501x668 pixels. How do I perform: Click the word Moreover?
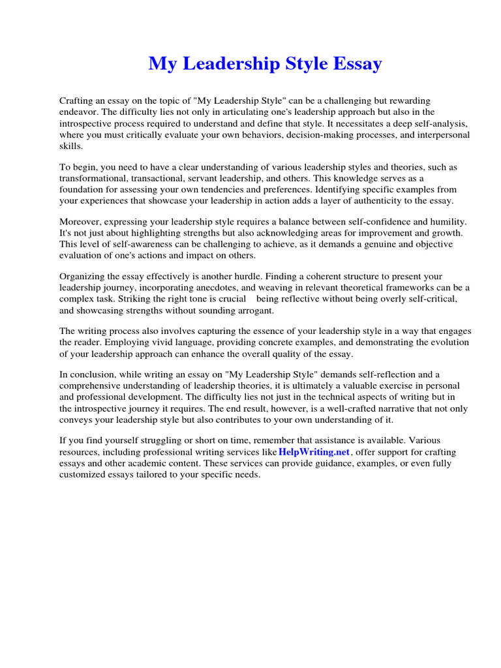[x=81, y=222]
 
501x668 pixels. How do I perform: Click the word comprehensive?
[x=91, y=386]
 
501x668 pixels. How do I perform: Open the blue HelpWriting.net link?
[x=314, y=452]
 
